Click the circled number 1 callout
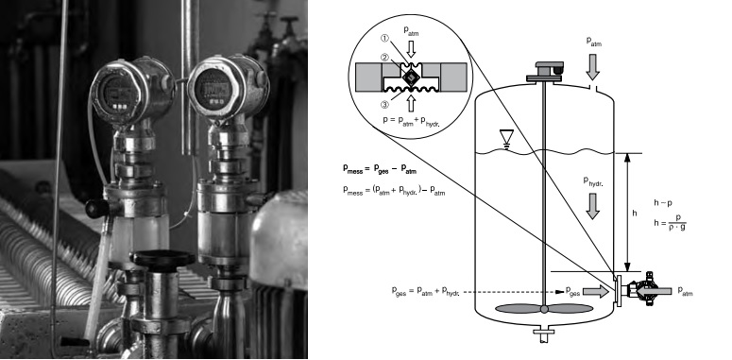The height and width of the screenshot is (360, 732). [x=385, y=39]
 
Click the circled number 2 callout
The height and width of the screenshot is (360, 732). [x=385, y=58]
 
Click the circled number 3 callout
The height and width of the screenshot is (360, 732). [x=385, y=104]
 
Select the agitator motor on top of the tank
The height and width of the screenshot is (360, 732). [x=545, y=72]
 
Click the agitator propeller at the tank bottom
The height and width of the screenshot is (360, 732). [x=544, y=309]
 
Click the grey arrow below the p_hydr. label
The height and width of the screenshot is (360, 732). [x=592, y=206]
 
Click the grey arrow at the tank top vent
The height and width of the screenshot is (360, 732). [x=593, y=67]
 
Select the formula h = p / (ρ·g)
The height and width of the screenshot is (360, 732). [x=670, y=223]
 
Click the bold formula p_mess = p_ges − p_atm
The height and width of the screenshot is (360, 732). [x=380, y=169]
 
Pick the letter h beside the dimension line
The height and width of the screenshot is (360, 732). [x=634, y=214]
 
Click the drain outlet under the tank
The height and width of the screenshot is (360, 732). [x=544, y=334]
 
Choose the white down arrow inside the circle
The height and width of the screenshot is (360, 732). [x=411, y=48]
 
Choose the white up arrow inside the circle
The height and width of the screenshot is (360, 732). [x=411, y=103]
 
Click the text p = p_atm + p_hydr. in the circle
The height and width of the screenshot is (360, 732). [x=411, y=120]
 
